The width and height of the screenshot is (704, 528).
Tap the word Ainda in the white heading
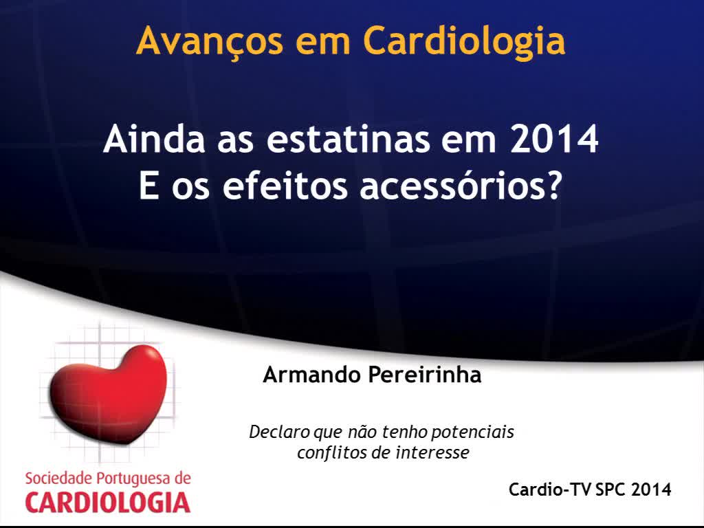(154, 139)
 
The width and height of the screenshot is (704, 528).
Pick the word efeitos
(285, 185)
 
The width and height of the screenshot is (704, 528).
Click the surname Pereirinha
(425, 375)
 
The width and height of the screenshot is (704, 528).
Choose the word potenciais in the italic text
(472, 432)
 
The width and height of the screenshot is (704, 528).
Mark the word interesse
(432, 452)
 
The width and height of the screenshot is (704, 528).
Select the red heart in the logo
(108, 393)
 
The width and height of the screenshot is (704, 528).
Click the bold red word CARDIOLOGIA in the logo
(108, 503)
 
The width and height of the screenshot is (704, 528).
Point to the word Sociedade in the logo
(58, 478)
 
